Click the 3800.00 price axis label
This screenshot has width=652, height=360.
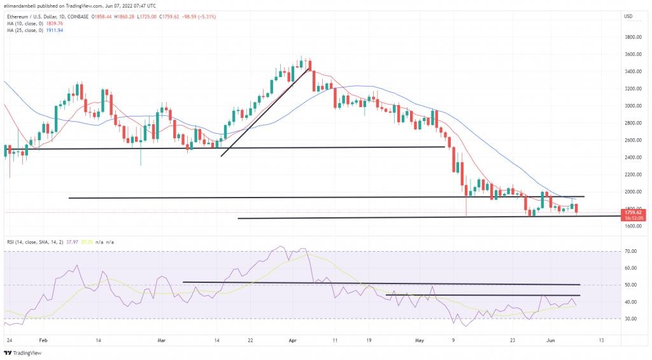(632, 38)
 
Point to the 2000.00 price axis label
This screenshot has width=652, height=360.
(632, 192)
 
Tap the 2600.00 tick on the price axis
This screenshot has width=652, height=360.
(632, 140)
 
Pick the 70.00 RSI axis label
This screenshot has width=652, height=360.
(630, 252)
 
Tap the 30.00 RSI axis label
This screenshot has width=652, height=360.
(630, 319)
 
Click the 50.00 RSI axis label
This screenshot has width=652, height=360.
(630, 285)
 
